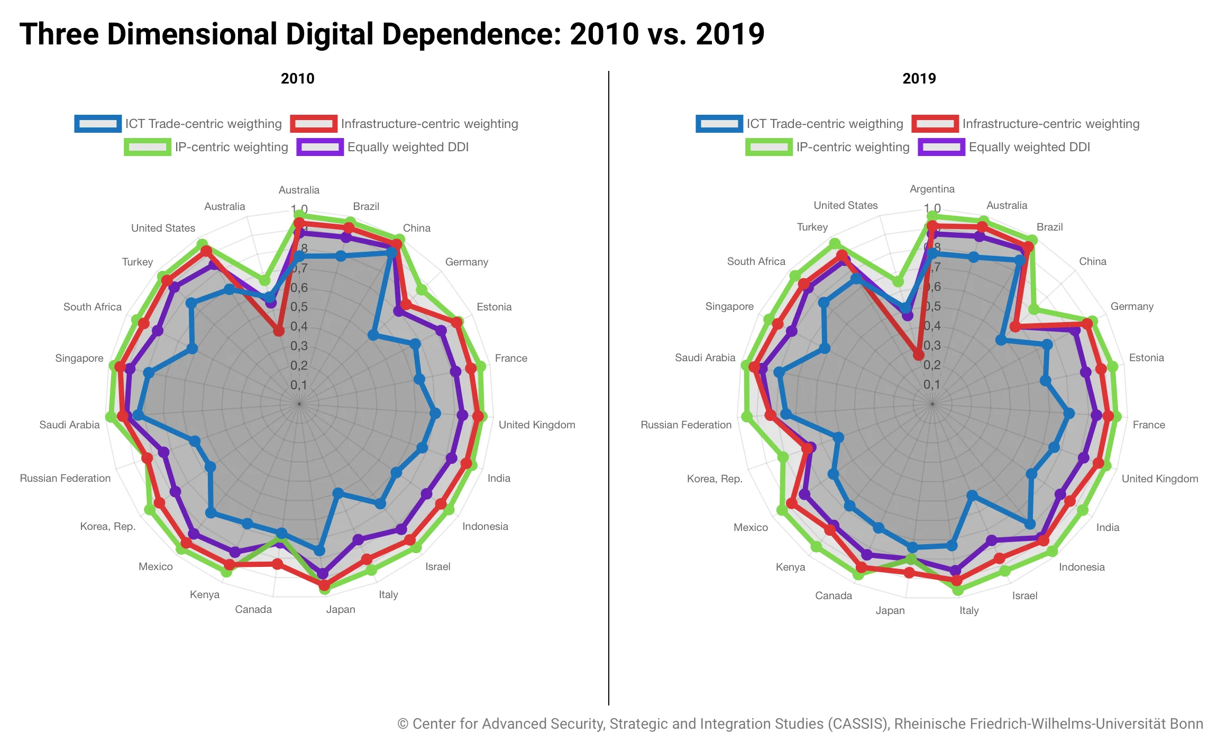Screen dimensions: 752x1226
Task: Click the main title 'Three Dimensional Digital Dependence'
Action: [x=391, y=34]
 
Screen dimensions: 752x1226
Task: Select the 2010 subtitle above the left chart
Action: [x=297, y=78]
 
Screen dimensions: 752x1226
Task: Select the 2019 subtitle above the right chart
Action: [x=919, y=78]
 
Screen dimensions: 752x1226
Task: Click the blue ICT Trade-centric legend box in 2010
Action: [x=98, y=124]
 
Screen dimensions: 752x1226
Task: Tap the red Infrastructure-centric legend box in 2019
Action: [x=935, y=124]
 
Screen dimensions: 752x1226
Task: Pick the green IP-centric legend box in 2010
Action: [x=148, y=147]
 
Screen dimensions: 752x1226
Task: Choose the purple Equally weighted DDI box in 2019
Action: [x=941, y=147]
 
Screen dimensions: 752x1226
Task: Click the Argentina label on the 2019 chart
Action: [x=932, y=189]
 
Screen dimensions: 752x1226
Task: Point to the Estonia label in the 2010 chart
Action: [x=494, y=307]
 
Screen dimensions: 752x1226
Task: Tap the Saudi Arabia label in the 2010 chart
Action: [x=69, y=425]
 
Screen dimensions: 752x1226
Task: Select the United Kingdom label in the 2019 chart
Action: [x=1159, y=479]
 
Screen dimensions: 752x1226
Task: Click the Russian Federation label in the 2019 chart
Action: [x=685, y=425]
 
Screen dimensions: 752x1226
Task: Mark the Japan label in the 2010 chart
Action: [x=341, y=609]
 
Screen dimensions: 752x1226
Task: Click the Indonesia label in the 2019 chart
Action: [x=1082, y=567]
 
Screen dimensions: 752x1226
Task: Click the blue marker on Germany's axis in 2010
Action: [x=373, y=335]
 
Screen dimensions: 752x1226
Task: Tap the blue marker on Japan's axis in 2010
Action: [x=319, y=551]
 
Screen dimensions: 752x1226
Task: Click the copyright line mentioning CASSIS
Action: [x=800, y=723]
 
